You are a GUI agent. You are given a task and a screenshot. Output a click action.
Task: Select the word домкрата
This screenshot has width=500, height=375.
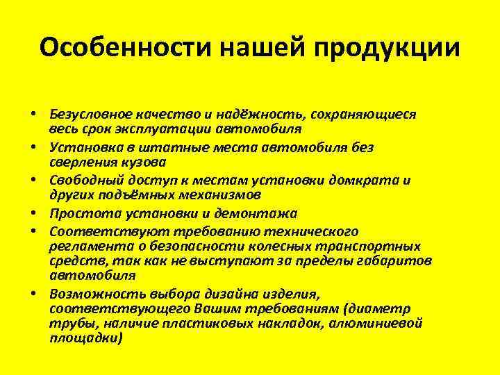tap(369, 180)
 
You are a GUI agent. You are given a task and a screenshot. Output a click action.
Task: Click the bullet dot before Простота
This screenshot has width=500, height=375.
tap(33, 213)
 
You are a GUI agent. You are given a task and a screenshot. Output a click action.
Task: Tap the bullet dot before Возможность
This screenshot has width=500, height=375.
tap(33, 294)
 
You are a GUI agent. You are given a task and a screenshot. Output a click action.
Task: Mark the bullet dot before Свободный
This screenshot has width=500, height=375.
tap(33, 180)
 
